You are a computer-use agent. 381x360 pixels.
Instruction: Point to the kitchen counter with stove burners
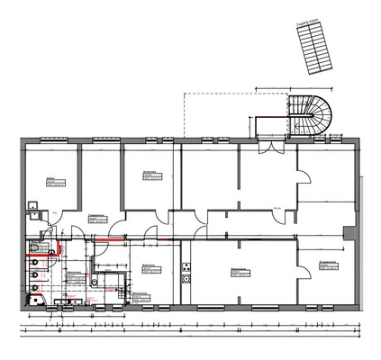[186, 272]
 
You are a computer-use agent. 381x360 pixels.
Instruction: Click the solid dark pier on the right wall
[346, 235]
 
